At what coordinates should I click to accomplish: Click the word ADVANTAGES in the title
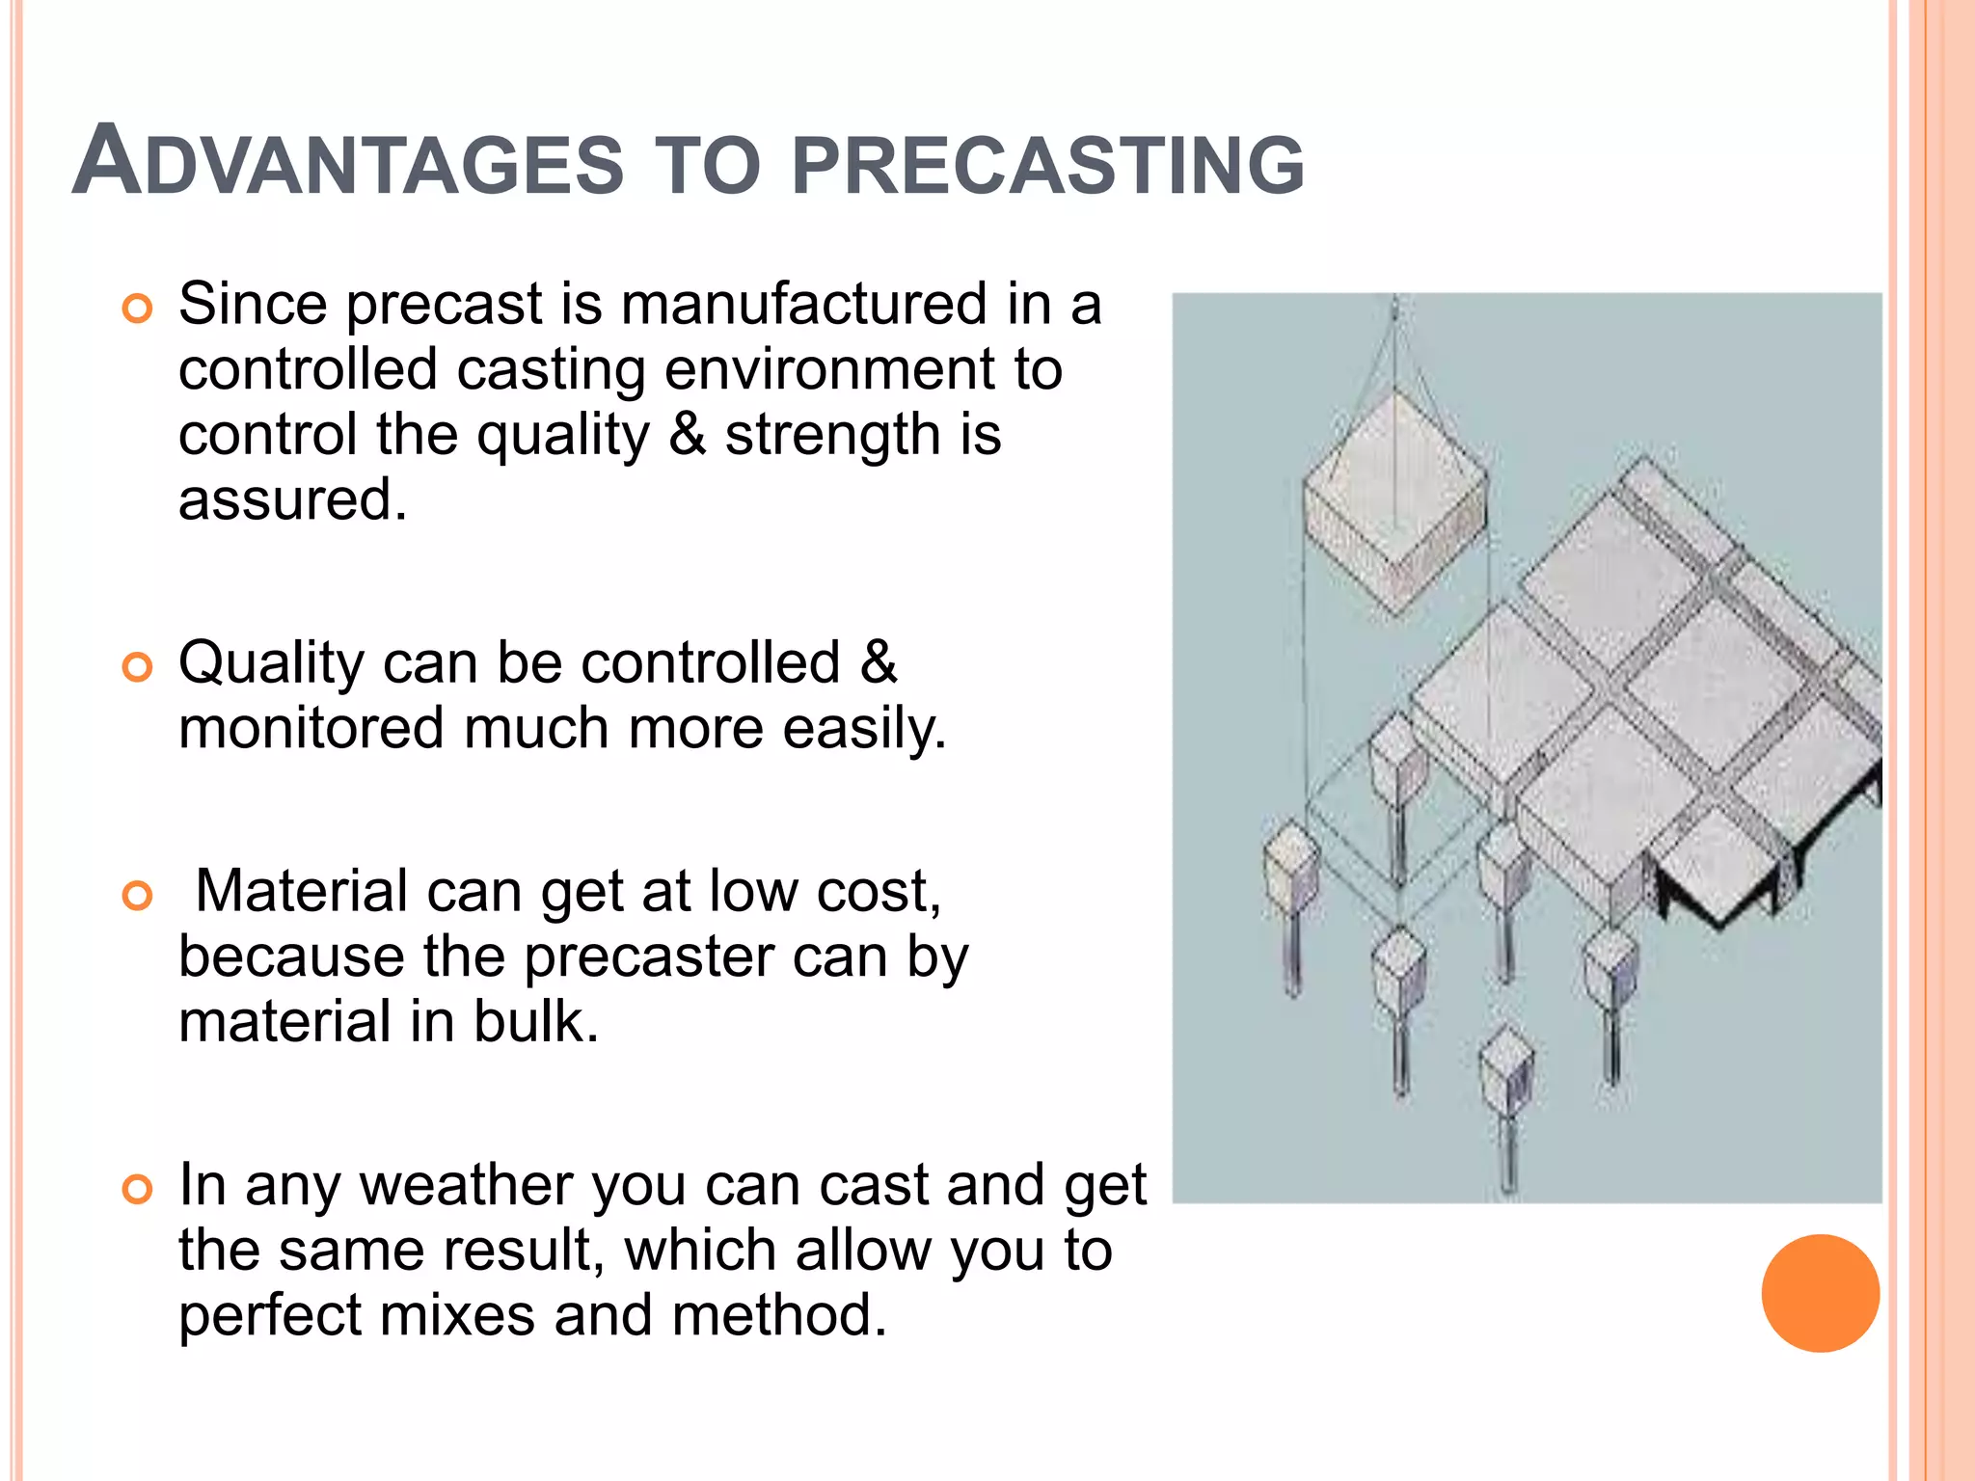[x=347, y=163]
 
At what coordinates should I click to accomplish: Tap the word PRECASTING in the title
[x=1047, y=165]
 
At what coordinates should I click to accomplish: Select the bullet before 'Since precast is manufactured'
[x=138, y=310]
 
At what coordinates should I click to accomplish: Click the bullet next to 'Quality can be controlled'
[x=138, y=667]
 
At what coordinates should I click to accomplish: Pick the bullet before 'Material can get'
[x=138, y=896]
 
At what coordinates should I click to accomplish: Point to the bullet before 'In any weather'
[x=138, y=1190]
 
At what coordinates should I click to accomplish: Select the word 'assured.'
[x=292, y=500]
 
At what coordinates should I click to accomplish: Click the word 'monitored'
[x=311, y=728]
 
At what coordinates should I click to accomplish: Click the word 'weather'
[x=466, y=1186]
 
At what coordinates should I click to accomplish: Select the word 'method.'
[x=778, y=1315]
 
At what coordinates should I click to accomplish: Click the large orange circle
[x=1820, y=1293]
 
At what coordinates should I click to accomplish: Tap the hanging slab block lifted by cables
[x=1394, y=501]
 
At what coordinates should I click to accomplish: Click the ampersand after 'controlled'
[x=878, y=663]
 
